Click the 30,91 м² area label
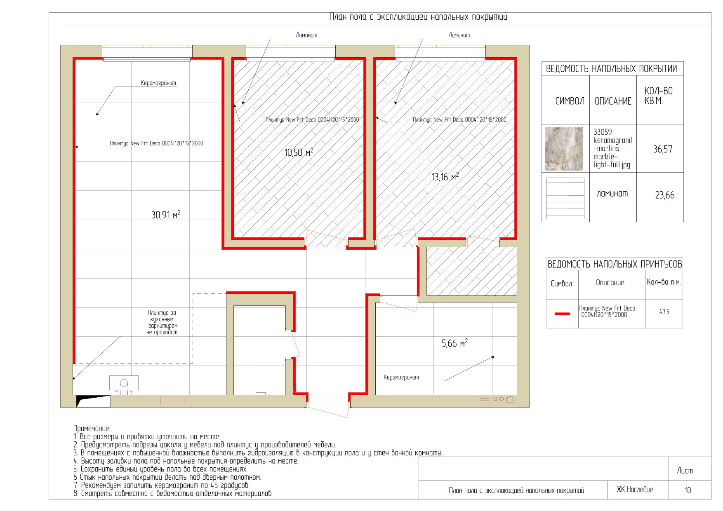tap(166, 215)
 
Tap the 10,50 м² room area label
tap(299, 152)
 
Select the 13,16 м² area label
tap(445, 177)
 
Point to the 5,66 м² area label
tap(455, 343)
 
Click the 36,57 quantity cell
tap(662, 149)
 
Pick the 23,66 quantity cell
tap(665, 195)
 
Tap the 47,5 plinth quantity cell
tap(664, 312)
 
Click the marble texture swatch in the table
tap(564, 149)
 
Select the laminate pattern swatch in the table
tap(565, 198)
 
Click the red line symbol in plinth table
tap(562, 314)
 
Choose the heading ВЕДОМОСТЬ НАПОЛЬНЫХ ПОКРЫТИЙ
tap(611, 69)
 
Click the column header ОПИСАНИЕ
tap(613, 101)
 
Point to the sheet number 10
tap(688, 490)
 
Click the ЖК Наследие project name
tap(635, 490)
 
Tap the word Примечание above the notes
tap(92, 429)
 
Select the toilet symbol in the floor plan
tap(124, 384)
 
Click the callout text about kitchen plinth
tap(162, 322)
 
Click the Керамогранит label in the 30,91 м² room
tap(158, 83)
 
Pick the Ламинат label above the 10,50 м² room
tap(307, 35)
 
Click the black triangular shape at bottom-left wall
tap(90, 400)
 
